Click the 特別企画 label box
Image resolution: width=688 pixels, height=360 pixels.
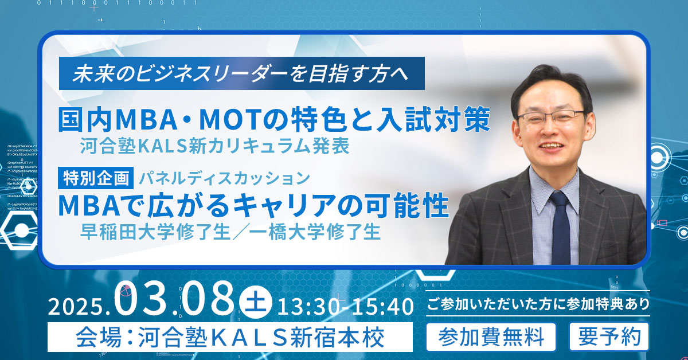coord(96,178)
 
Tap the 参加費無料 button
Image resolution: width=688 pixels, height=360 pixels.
coord(491,337)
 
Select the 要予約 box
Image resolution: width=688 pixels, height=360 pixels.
coord(609,337)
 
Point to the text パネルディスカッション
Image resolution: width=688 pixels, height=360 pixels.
coord(224,178)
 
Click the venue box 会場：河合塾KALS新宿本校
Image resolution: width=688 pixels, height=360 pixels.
coord(230,337)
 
